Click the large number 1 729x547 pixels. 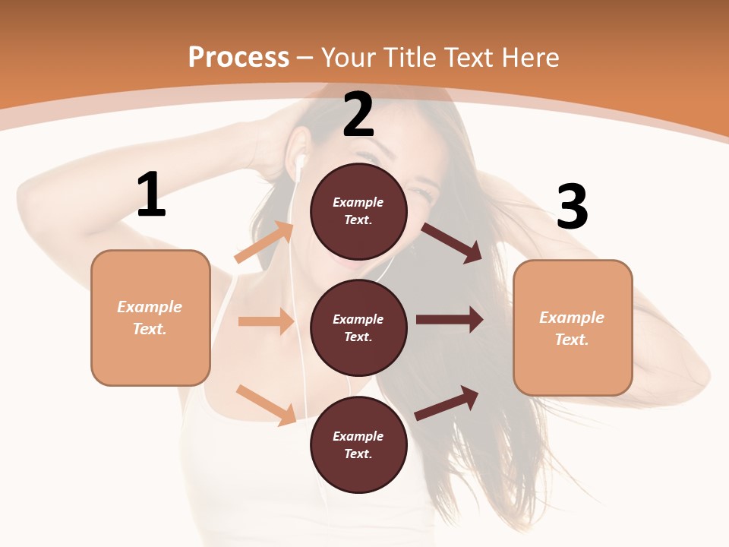pos(151,195)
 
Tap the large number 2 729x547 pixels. pos(358,115)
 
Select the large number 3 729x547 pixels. pos(572,207)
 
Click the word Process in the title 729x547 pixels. pos(238,57)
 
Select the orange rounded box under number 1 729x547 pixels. pos(150,318)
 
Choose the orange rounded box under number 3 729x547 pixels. pos(573,327)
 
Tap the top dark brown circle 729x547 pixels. pos(358,211)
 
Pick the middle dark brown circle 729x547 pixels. pos(358,327)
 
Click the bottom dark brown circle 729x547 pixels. pos(358,444)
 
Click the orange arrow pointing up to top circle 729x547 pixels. pos(264,242)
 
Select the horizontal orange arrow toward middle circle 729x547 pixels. pos(266,321)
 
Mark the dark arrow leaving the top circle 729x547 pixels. pos(451,242)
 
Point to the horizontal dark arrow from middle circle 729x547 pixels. pos(450,320)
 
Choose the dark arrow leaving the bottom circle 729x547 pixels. pos(447,403)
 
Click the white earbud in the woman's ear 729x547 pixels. pos(301,162)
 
